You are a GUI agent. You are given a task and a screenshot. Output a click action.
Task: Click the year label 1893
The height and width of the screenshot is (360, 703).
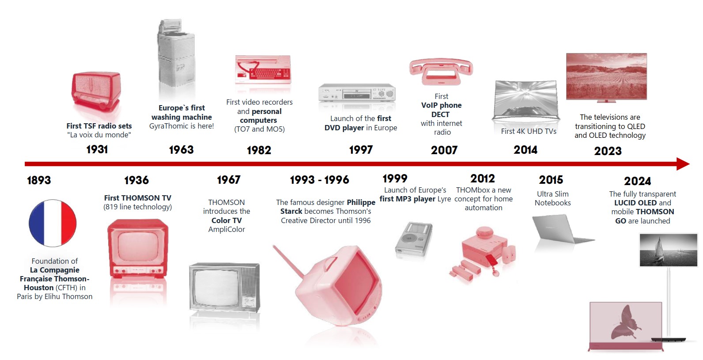39,180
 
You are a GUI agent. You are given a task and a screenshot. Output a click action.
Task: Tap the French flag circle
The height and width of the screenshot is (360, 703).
53,223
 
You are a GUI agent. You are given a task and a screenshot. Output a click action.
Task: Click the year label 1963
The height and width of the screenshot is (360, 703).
181,150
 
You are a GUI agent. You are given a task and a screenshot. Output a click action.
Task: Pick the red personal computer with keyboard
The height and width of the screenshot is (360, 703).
263,69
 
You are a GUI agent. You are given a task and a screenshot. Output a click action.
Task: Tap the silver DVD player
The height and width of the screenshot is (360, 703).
357,93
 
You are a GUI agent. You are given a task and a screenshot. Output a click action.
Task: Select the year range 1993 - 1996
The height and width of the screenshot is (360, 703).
320,180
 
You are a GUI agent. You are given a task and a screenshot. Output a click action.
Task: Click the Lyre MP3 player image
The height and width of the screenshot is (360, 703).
414,239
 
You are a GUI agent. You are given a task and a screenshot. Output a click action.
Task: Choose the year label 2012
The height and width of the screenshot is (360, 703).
483,178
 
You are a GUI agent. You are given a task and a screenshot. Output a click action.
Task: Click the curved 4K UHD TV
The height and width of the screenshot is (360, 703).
526,100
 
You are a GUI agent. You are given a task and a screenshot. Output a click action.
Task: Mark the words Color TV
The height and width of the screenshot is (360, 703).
227,220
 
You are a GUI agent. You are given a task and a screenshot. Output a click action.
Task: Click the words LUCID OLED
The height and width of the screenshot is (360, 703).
635,203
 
